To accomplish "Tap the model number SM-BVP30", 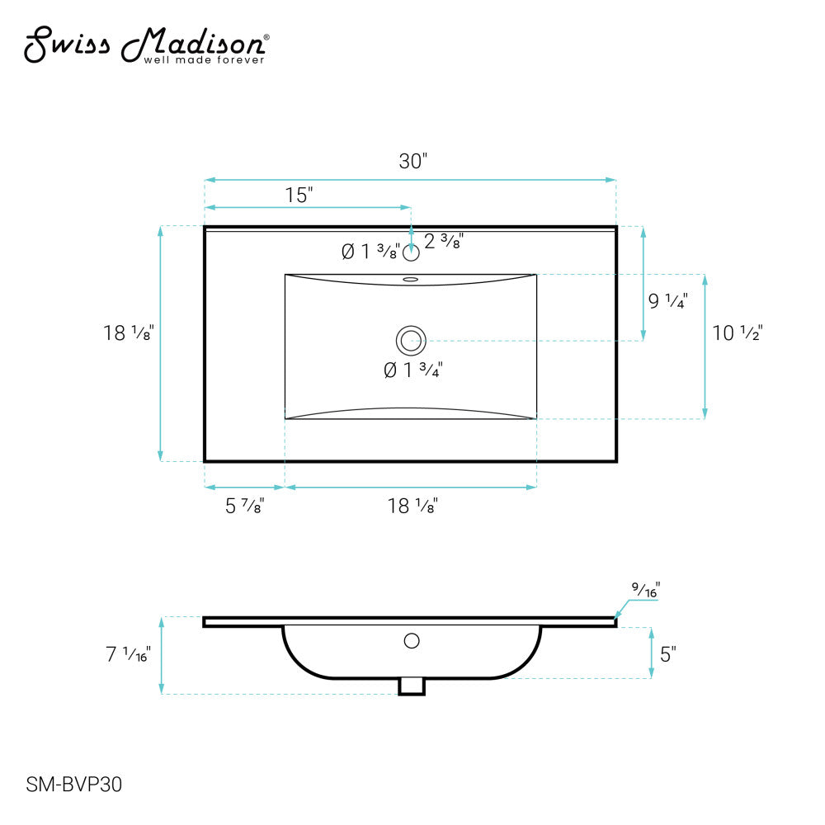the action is click(73, 785).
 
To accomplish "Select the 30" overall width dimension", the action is click(413, 161).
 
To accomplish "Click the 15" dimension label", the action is click(299, 196).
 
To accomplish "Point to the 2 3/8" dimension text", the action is click(444, 241).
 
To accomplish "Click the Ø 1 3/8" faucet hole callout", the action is click(370, 252).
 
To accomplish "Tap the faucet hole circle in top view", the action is click(411, 253).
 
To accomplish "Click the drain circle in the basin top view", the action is click(411, 341).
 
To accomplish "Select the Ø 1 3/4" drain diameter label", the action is click(413, 370).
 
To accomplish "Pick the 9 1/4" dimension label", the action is click(667, 301).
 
